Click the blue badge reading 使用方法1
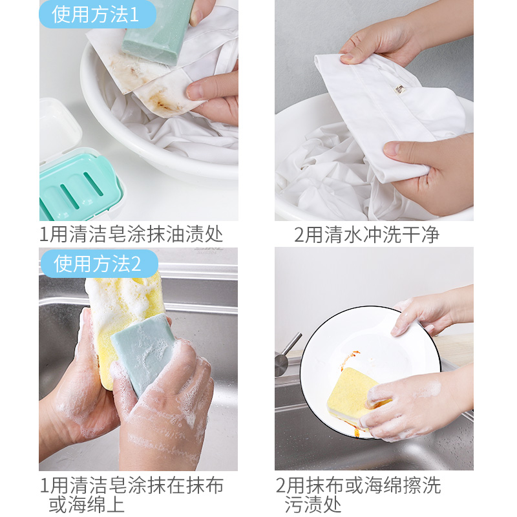tap(98, 14)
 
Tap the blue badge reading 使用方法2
tap(100, 264)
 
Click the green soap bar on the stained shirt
tap(158, 31)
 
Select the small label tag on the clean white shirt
tap(400, 89)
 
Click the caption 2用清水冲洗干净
tap(366, 235)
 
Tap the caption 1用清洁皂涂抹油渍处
tap(131, 234)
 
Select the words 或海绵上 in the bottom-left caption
tap(87, 504)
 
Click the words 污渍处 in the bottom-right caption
tap(313, 504)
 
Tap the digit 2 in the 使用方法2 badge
tap(136, 264)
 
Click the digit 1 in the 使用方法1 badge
tap(134, 15)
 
